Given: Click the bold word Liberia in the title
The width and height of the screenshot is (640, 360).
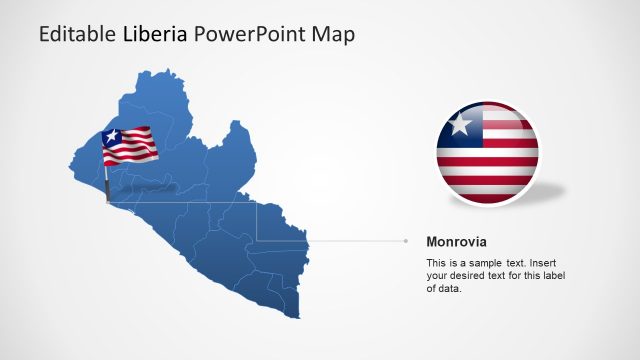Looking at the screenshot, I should pyautogui.click(x=157, y=35).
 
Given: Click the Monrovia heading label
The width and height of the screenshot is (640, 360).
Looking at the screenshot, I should pyautogui.click(x=457, y=242).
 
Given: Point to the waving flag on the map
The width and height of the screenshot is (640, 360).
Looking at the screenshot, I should pyautogui.click(x=129, y=146).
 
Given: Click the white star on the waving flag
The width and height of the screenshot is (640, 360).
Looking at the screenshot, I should pyautogui.click(x=112, y=138).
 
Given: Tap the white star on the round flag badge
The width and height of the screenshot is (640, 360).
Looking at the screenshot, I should pyautogui.click(x=460, y=126).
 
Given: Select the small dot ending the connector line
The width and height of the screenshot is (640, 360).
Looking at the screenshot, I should pyautogui.click(x=406, y=241).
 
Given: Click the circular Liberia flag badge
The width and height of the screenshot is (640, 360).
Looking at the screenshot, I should pyautogui.click(x=487, y=153).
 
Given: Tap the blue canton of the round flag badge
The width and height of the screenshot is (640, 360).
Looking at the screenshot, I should pyautogui.click(x=460, y=127).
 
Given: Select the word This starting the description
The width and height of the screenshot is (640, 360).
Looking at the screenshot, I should pyautogui.click(x=437, y=262).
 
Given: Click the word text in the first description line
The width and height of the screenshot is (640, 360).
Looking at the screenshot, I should pyautogui.click(x=522, y=262).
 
